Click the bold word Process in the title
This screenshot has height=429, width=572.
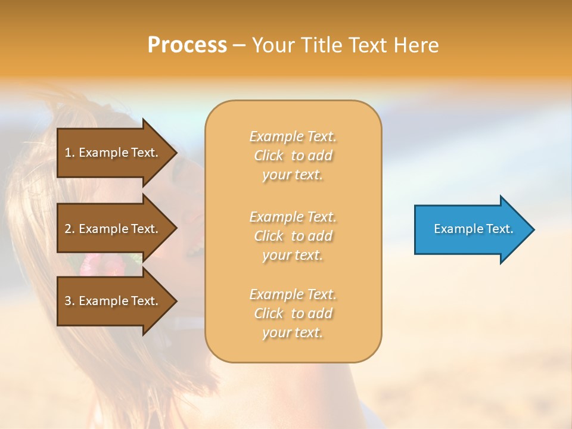(187, 45)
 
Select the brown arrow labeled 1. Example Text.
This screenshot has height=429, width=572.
(113, 153)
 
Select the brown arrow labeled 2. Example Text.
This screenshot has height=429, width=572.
(113, 229)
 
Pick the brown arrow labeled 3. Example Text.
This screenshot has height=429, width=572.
(113, 301)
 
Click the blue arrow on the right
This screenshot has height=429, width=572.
(471, 229)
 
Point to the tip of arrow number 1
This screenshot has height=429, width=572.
(176, 153)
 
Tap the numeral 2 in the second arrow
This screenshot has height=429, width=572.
(67, 229)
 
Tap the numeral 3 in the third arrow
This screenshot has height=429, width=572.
(67, 301)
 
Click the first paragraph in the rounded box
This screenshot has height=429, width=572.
(293, 156)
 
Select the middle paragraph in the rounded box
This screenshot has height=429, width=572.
(293, 236)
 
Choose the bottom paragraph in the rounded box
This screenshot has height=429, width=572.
(293, 313)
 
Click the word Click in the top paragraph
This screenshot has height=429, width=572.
(268, 156)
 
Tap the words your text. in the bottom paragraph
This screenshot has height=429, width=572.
(292, 332)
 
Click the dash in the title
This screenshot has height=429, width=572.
(239, 45)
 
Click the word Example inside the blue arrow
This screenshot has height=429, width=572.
(455, 229)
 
